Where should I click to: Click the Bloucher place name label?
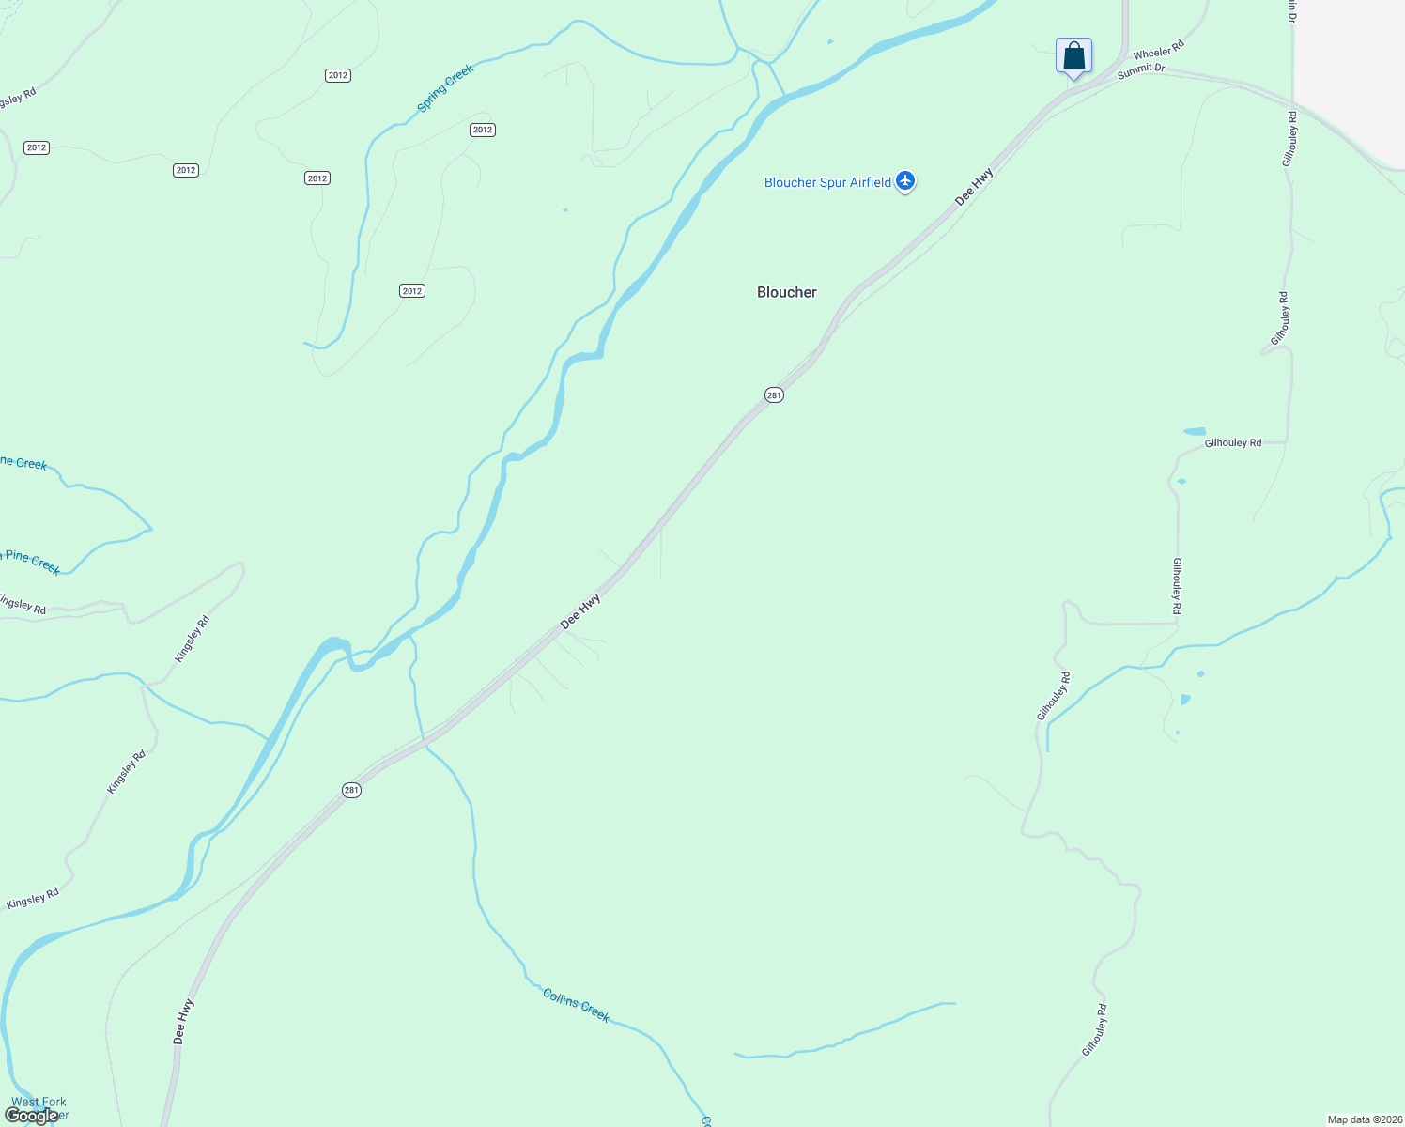pyautogui.click(x=787, y=292)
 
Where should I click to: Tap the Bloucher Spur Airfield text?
pyautogui.click(x=827, y=182)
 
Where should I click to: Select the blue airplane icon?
pyautogui.click(x=905, y=181)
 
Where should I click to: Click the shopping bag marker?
pyautogui.click(x=1073, y=56)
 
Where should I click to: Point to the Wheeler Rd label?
pyautogui.click(x=1158, y=49)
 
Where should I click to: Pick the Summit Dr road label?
pyautogui.click(x=1141, y=70)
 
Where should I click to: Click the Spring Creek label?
pyautogui.click(x=445, y=87)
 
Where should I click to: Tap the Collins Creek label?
pyautogui.click(x=576, y=1005)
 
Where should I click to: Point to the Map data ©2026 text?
pyautogui.click(x=1365, y=1119)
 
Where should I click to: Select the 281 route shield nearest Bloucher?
pyautogui.click(x=773, y=395)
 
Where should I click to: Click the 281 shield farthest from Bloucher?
pyautogui.click(x=351, y=790)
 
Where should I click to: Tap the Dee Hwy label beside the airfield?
pyautogui.click(x=974, y=187)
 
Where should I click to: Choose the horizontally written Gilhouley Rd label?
pyautogui.click(x=1232, y=442)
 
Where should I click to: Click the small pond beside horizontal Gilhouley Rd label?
pyautogui.click(x=1194, y=431)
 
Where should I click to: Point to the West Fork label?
pyautogui.click(x=39, y=1102)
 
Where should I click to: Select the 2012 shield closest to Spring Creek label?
pyautogui.click(x=483, y=130)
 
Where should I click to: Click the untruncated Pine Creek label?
pyautogui.click(x=32, y=562)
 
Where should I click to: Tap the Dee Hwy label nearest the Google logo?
pyautogui.click(x=184, y=1021)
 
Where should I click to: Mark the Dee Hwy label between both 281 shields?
pyautogui.click(x=580, y=611)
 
